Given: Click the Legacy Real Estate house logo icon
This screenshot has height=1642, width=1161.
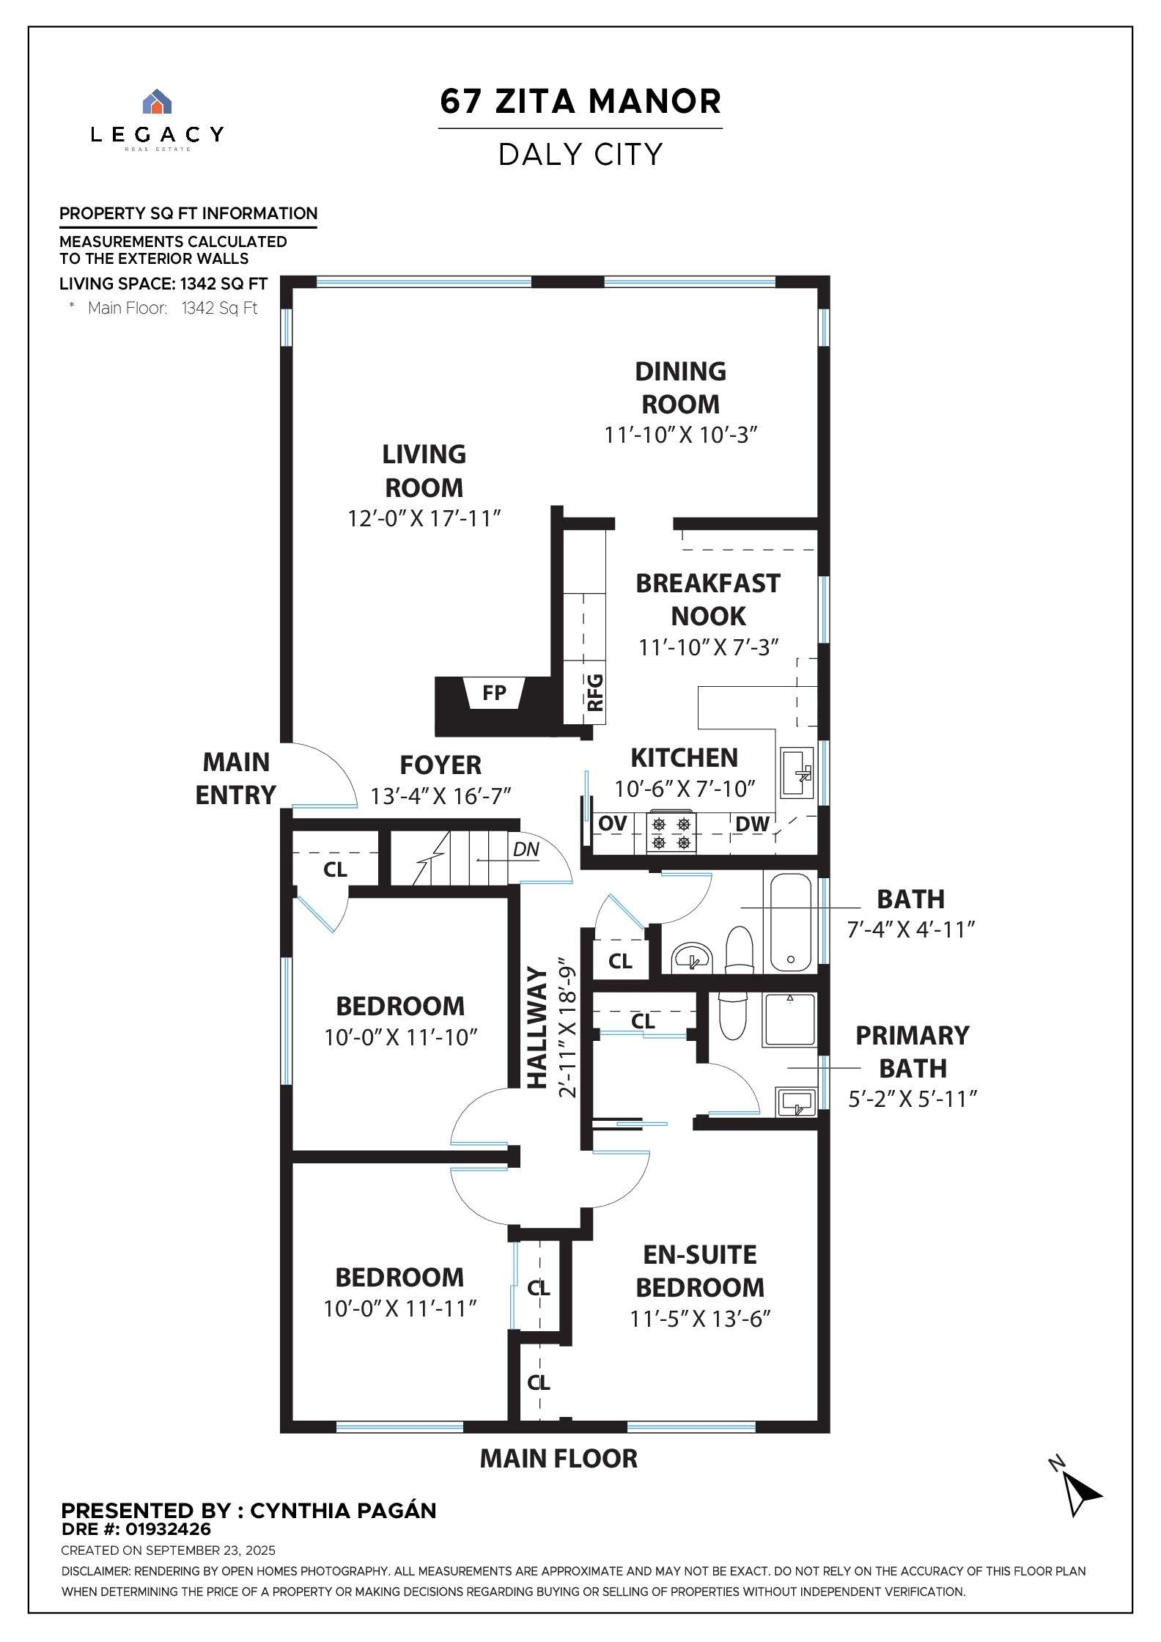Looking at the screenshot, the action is [x=157, y=101].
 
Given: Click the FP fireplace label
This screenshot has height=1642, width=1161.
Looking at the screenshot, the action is [x=494, y=693].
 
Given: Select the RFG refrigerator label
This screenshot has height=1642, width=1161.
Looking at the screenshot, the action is [x=595, y=693].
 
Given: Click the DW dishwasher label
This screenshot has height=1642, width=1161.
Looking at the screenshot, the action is [x=752, y=824].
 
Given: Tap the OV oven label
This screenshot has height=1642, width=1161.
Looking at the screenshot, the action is [x=613, y=823].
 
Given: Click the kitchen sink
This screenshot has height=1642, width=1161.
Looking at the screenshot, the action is [x=797, y=773].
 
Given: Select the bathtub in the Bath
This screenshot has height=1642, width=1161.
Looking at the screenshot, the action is [x=790, y=921].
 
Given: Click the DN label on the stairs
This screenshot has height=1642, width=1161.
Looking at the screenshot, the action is [x=526, y=850].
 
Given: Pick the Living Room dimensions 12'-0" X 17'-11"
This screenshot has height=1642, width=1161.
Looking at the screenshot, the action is [x=424, y=519].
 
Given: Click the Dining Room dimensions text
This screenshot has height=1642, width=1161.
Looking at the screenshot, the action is [x=680, y=435].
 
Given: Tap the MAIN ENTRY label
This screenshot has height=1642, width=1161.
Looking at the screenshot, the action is [x=236, y=778].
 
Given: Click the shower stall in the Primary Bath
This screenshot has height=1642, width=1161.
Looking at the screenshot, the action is [x=789, y=1020].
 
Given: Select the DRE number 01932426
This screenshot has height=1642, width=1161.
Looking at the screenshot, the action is [x=168, y=1529].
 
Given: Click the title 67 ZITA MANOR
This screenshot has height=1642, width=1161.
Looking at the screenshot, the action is [x=580, y=101].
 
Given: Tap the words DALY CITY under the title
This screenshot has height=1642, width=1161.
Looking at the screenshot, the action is [x=580, y=155].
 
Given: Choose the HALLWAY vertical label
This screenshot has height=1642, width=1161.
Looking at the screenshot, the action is [x=538, y=1028].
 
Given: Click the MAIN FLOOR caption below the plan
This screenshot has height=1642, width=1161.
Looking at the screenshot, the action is [x=559, y=1458].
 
